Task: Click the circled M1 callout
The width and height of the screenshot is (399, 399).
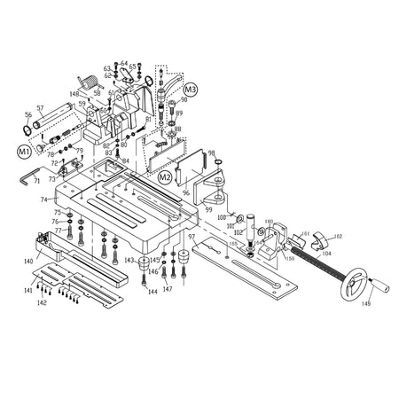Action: tap(24, 152)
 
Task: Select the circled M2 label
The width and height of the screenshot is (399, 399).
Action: tap(164, 177)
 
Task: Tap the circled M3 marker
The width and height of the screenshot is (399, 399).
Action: tap(192, 90)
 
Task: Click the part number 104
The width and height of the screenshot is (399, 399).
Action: tap(326, 254)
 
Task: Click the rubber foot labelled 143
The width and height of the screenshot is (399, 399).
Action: tap(141, 262)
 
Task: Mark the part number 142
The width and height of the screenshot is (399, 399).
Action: tap(41, 303)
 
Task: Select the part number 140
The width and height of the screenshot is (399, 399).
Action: tap(28, 261)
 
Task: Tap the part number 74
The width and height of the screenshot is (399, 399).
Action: tap(43, 199)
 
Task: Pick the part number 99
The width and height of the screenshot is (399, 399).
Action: tap(209, 208)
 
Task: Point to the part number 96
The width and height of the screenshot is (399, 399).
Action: tap(185, 192)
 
